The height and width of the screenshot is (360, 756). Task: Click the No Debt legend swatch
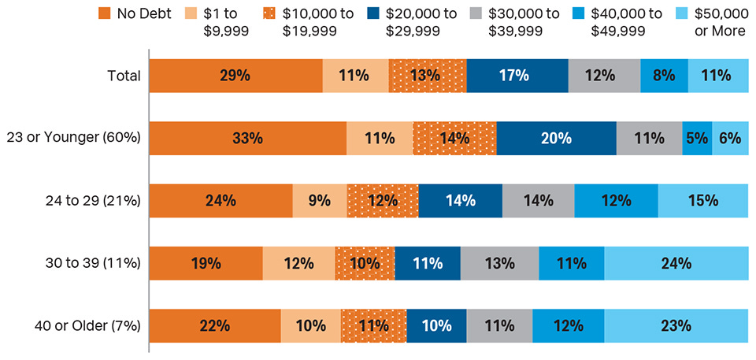tap(104, 13)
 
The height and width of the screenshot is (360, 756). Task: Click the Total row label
tap(124, 76)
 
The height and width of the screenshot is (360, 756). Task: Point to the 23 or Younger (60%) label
tap(85, 138)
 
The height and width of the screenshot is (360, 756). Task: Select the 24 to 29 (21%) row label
tap(94, 200)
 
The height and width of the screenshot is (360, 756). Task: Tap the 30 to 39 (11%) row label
tap(94, 263)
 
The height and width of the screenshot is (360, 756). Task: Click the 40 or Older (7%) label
tap(91, 325)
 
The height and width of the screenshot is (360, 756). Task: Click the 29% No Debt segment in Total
tap(235, 76)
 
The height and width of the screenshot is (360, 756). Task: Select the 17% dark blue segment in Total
tap(517, 76)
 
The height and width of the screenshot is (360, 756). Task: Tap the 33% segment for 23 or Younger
tap(247, 138)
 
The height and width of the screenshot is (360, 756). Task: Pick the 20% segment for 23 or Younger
tap(556, 138)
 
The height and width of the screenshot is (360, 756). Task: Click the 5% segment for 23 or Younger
tap(697, 138)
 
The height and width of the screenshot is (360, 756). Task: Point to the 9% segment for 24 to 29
tap(319, 200)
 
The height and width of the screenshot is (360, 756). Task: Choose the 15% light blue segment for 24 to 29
tap(702, 200)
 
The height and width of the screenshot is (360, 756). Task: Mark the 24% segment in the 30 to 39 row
tap(676, 263)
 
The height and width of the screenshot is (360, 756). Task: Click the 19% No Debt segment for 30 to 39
tap(206, 263)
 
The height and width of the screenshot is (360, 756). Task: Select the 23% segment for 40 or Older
tap(676, 325)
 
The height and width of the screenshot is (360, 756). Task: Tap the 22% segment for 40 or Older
tap(214, 325)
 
